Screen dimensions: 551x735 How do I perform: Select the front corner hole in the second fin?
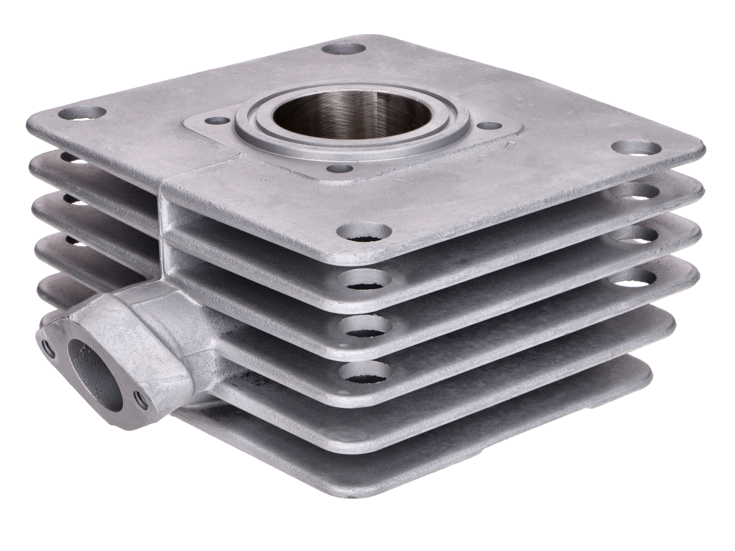364,280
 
